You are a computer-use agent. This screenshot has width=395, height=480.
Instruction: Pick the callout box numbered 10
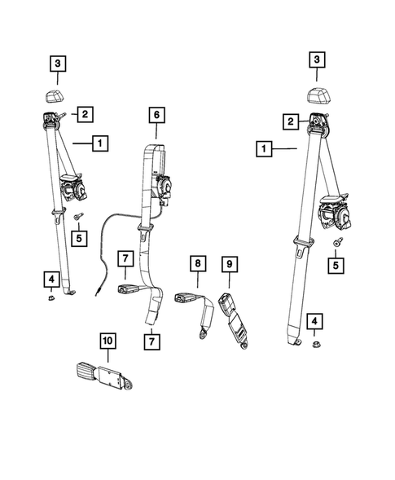click(x=108, y=340)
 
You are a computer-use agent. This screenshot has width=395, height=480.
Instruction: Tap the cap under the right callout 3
click(x=319, y=95)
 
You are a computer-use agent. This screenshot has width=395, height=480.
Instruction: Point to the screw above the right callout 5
click(x=336, y=243)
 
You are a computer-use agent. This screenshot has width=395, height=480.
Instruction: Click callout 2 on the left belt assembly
click(x=84, y=113)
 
